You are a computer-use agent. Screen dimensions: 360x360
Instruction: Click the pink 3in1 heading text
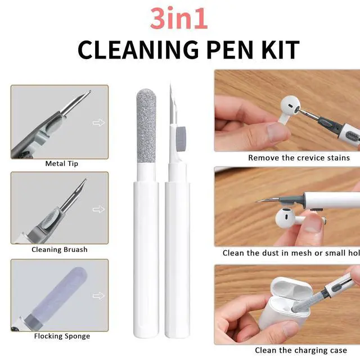pos(179,19)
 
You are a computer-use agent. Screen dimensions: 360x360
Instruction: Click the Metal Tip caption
pos(61,164)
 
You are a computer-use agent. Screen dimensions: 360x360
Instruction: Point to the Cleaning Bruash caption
pos(60,250)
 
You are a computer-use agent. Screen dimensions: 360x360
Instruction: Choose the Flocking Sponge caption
pos(62,336)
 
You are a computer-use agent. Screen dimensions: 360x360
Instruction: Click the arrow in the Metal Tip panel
pos(98,123)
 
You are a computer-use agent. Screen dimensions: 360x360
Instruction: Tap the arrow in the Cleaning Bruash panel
pos(98,209)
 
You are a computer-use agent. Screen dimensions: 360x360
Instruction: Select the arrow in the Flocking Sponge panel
pos(98,296)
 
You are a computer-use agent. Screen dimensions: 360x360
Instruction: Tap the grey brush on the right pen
pos(181,138)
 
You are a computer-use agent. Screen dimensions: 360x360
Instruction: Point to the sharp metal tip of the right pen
pos(170,83)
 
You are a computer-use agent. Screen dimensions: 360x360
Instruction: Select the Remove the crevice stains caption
pos(299,158)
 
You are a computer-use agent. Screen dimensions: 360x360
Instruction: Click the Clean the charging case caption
pos(301,350)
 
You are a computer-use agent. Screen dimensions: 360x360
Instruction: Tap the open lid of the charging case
pos(289,287)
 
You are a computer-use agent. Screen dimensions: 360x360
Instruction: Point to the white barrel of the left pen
pos(146,259)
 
